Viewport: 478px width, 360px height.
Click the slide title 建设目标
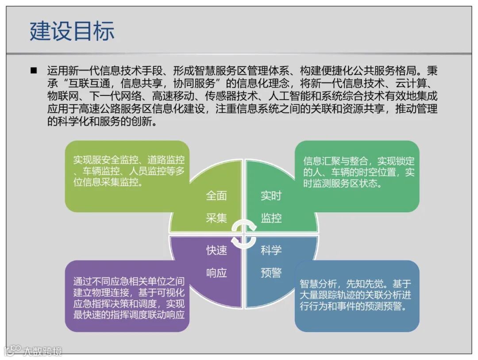(x=72, y=31)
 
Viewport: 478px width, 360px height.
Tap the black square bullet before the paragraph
(x=34, y=71)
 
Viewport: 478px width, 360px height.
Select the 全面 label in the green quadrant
(x=216, y=195)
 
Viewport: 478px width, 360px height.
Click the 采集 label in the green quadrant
(x=216, y=218)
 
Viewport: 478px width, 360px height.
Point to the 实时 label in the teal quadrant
(x=271, y=195)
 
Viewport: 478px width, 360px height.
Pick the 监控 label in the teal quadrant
(x=271, y=218)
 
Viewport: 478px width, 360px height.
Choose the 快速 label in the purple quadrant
(x=216, y=250)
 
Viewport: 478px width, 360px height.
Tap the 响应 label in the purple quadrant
(x=216, y=273)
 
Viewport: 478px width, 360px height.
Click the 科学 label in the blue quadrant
(x=271, y=250)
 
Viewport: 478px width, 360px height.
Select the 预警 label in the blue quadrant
(x=271, y=273)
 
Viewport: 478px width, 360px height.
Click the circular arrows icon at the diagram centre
(x=244, y=234)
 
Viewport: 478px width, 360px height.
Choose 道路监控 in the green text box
(x=166, y=160)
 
